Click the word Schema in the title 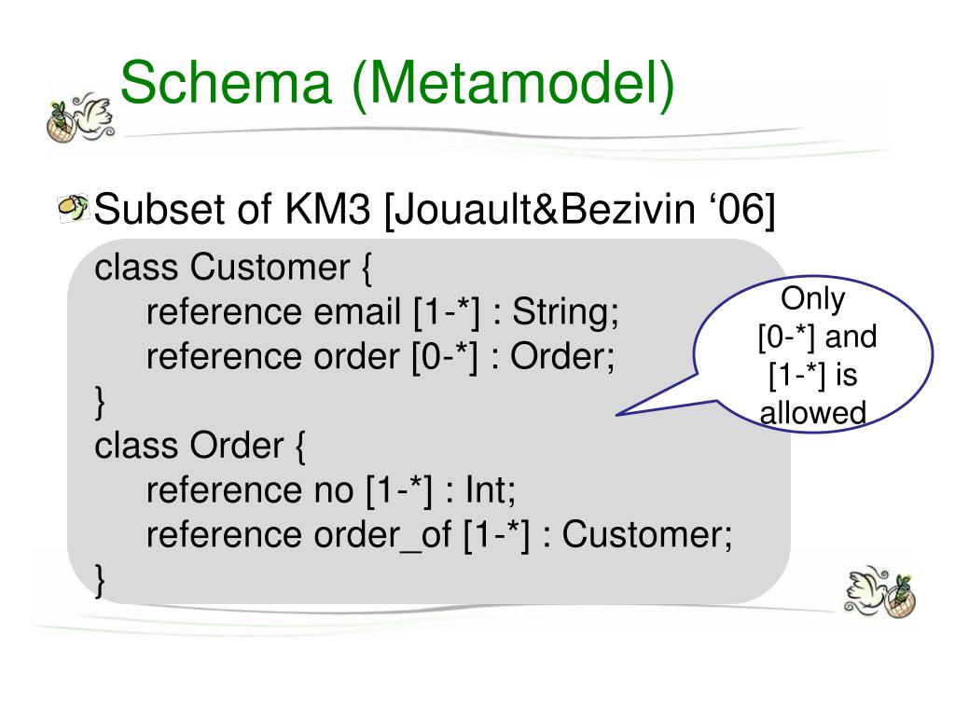click(226, 82)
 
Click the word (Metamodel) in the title click(514, 85)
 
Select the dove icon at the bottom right click(879, 592)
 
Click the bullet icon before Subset click(73, 208)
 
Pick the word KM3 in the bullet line click(327, 209)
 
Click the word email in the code click(357, 311)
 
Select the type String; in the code click(565, 313)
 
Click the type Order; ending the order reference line click(562, 356)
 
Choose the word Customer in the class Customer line click(270, 268)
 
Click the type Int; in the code click(491, 490)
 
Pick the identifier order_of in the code click(382, 536)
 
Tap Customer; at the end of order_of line click(647, 534)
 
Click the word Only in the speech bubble click(812, 299)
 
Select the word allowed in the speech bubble click(812, 413)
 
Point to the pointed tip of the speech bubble click(616, 415)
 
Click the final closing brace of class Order click(100, 581)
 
